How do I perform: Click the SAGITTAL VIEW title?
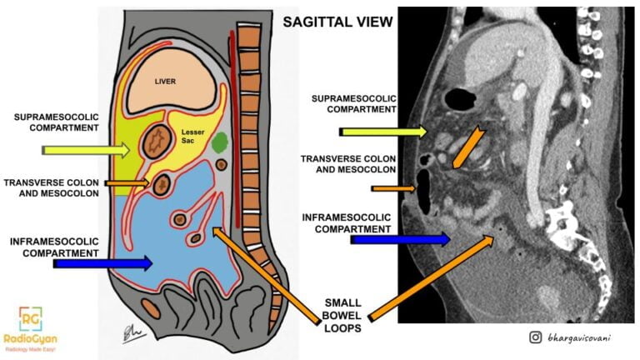coord(337,22)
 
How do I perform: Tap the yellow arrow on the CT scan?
coord(383,131)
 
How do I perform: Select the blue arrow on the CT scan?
coord(400,239)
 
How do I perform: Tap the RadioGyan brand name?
coord(32,340)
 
